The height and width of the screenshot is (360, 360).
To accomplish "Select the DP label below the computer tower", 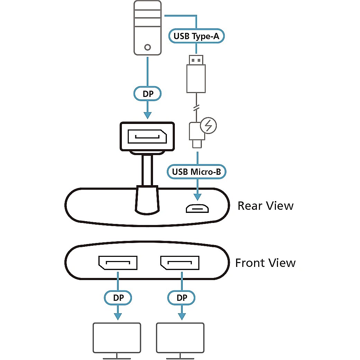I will (x=148, y=93).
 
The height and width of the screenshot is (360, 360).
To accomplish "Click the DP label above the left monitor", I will (x=118, y=297).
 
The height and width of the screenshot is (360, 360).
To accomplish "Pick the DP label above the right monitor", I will (x=181, y=297).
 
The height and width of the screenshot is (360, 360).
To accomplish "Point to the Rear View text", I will (x=265, y=206).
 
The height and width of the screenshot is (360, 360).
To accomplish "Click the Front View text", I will (x=265, y=263).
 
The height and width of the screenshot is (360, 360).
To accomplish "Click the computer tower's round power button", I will (x=148, y=47).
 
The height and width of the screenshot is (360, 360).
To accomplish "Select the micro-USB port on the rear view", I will (x=197, y=208).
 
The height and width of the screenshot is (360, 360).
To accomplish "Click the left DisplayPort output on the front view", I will (x=118, y=263).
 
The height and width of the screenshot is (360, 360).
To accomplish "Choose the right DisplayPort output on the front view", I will (x=180, y=263).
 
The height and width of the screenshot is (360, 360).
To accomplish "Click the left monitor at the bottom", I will (x=117, y=336).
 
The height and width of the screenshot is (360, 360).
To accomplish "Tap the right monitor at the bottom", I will (x=180, y=336).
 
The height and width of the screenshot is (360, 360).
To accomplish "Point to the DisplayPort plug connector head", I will (x=147, y=136).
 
